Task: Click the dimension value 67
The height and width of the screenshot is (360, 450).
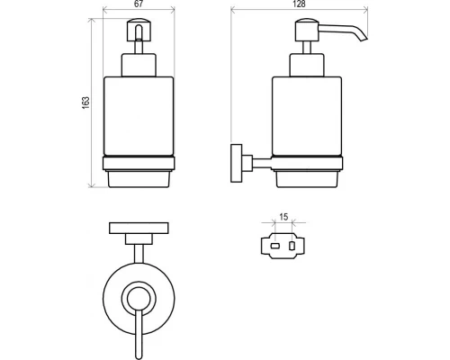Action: pos(139,4)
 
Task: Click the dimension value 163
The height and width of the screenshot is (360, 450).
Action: pos(85,103)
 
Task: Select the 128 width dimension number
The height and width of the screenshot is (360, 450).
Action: pos(299,4)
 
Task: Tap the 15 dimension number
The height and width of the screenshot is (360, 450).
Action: pos(283,217)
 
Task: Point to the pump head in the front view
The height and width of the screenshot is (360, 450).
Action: pos(139,30)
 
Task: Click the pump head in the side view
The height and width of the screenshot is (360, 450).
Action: pos(307,30)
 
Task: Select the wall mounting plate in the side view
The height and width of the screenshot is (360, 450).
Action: pos(237,163)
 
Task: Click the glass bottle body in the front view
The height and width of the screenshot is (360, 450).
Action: pos(139,116)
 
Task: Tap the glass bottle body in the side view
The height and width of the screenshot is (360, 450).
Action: pos(307,116)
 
